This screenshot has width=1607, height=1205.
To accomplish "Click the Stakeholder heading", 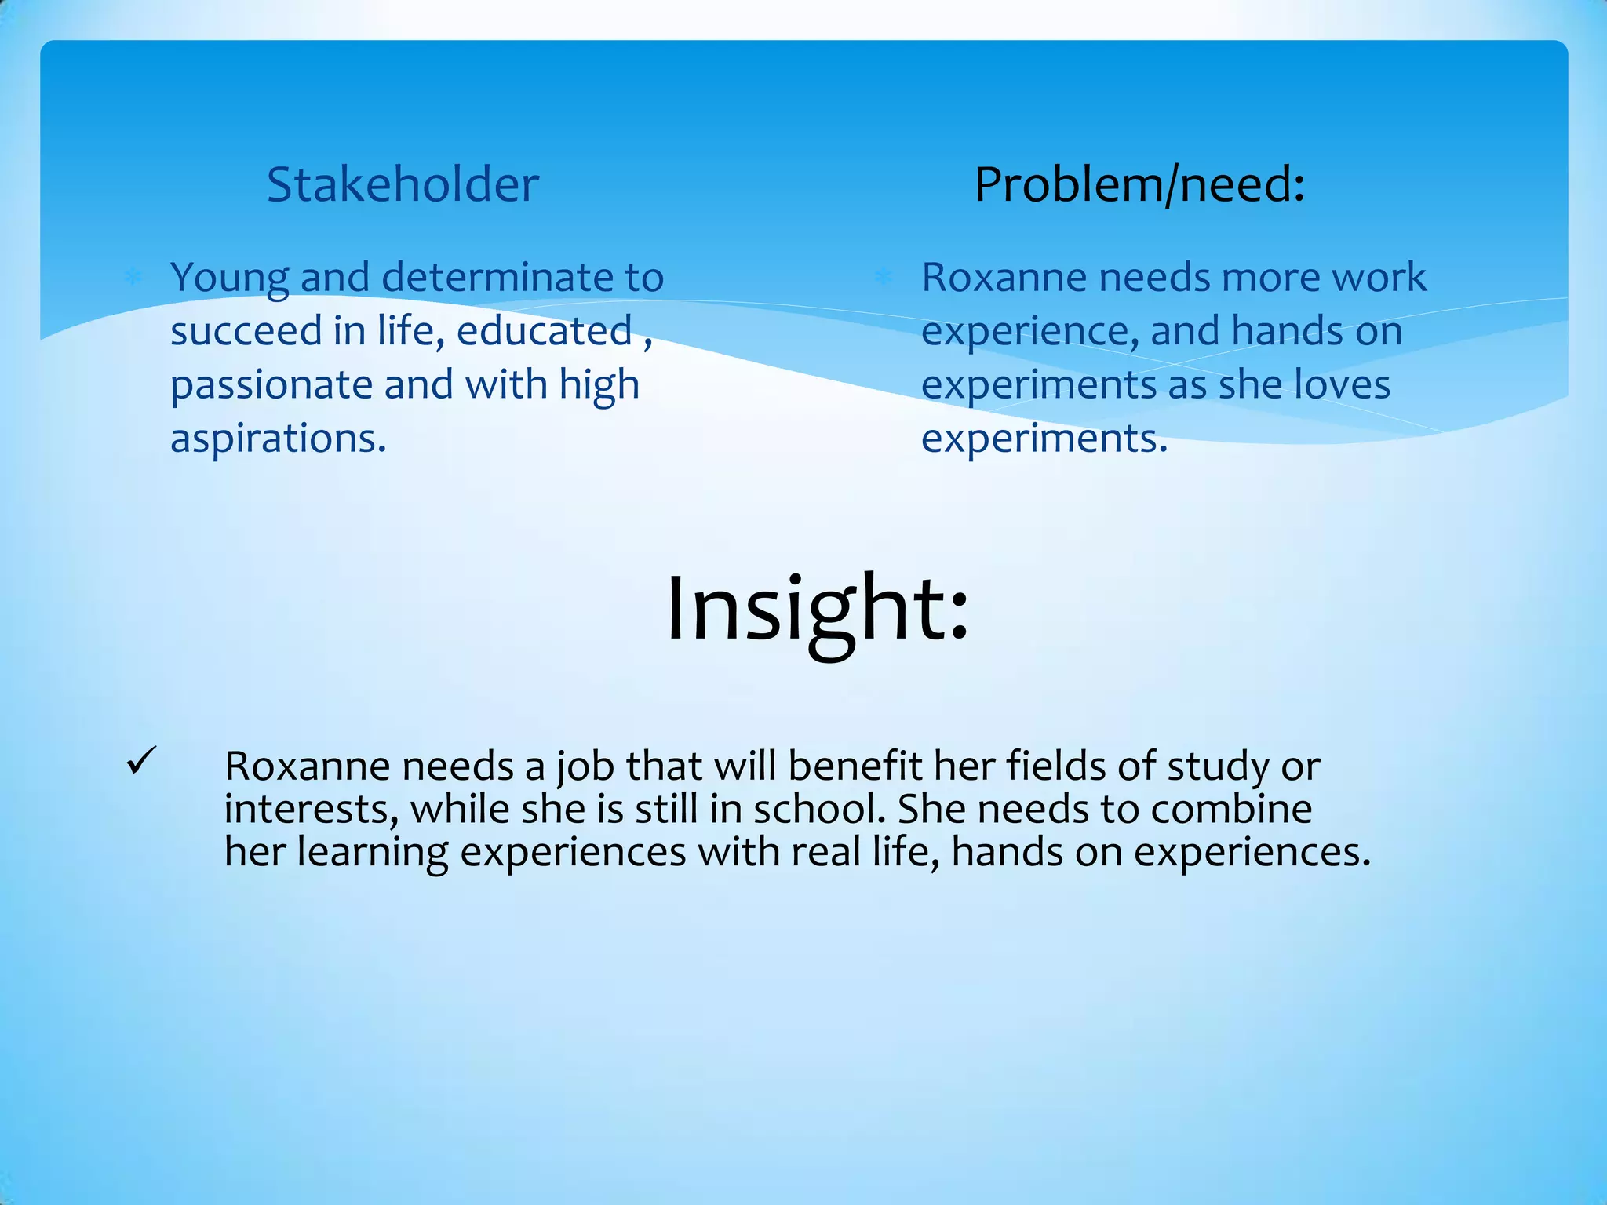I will click(x=403, y=185).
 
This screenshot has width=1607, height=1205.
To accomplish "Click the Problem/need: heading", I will click(x=1139, y=185).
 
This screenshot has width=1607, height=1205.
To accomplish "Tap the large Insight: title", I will click(x=817, y=608).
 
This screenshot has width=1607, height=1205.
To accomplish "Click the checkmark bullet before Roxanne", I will click(x=141, y=761).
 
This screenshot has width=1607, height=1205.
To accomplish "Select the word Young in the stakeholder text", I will click(x=229, y=278).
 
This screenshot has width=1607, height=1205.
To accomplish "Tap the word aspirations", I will click(x=278, y=439).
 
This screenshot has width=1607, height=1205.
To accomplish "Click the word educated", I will click(x=545, y=330).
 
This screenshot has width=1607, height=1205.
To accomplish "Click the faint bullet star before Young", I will click(x=133, y=276).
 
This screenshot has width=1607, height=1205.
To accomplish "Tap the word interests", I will click(x=311, y=809).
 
